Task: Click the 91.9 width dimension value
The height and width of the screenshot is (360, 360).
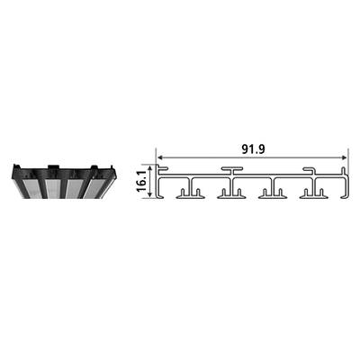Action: (253, 149)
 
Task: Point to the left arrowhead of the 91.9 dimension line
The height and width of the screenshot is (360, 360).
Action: (160, 157)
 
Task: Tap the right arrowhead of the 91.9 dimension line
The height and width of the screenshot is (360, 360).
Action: (344, 157)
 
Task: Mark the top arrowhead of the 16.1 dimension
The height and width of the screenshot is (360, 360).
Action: (149, 166)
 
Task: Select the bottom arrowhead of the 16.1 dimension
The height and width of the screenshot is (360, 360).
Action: (149, 195)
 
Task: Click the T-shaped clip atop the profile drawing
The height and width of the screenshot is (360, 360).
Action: (232, 170)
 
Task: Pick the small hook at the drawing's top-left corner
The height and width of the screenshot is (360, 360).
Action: (162, 168)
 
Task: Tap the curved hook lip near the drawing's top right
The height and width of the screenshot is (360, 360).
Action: (309, 171)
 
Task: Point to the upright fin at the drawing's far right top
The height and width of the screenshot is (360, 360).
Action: (344, 170)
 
